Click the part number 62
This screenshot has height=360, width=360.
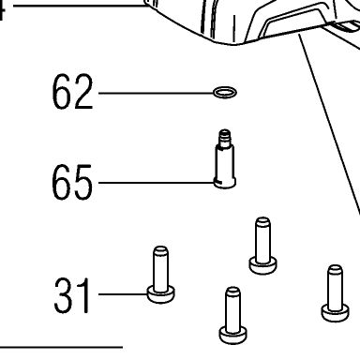[72, 92]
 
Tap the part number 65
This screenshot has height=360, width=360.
[72, 182]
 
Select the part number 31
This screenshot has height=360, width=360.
[72, 295]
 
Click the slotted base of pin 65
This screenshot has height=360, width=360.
[225, 183]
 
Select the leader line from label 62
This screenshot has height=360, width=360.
[156, 93]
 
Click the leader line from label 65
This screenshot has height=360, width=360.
[157, 183]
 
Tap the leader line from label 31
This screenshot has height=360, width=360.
[123, 294]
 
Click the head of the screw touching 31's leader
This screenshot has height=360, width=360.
[161, 294]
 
